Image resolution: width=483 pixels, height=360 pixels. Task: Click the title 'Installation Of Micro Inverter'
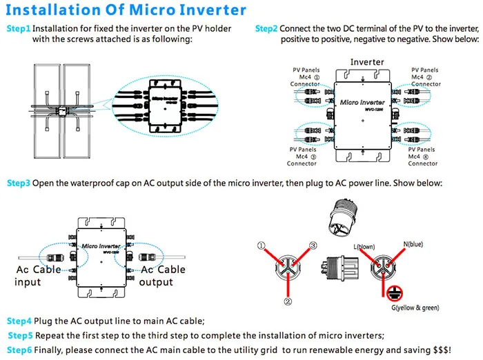click(x=126, y=10)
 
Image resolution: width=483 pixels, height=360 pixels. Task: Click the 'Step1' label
click(x=19, y=29)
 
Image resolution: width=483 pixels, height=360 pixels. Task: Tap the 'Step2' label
click(x=266, y=29)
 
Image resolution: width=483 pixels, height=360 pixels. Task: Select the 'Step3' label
click(x=19, y=183)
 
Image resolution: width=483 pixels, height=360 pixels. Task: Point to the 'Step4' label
click(x=19, y=321)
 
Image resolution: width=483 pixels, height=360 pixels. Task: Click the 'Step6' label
click(x=19, y=350)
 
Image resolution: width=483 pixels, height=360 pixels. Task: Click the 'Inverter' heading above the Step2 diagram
click(x=367, y=62)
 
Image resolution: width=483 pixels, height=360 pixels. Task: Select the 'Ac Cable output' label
click(x=162, y=276)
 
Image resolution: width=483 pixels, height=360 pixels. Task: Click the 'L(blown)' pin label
click(x=364, y=246)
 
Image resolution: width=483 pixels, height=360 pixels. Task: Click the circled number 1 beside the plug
click(x=262, y=246)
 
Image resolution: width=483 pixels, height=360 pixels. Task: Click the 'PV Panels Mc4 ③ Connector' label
click(x=302, y=157)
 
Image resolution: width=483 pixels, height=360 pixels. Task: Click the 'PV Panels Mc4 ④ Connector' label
click(x=423, y=157)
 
